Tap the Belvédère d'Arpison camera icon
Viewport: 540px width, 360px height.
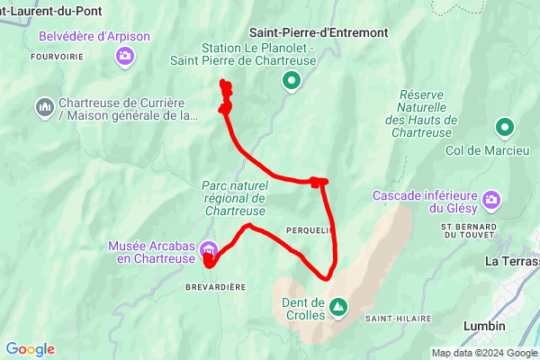point(125,57)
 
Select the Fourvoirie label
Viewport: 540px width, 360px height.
point(58,56)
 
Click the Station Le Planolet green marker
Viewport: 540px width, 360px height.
point(291,82)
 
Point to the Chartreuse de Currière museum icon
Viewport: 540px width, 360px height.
point(43,108)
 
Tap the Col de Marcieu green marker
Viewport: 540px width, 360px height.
point(505,128)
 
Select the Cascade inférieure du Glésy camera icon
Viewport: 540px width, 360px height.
point(491,198)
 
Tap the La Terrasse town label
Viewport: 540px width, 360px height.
point(511,261)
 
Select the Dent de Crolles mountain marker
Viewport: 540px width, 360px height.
point(337,308)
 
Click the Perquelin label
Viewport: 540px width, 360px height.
point(310,230)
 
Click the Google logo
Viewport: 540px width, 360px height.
point(30,349)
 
